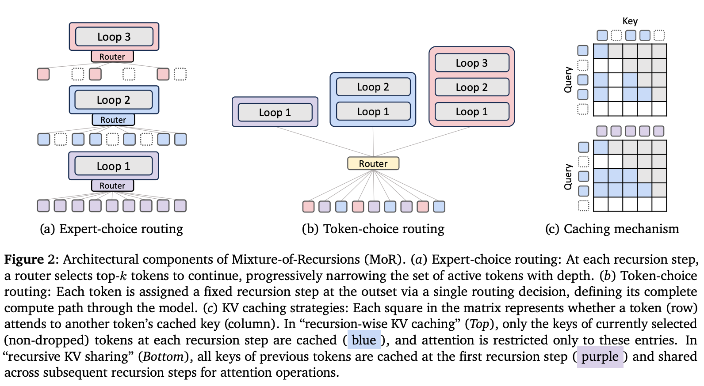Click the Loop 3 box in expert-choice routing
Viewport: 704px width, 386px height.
point(114,37)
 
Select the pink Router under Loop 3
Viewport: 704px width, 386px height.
point(112,57)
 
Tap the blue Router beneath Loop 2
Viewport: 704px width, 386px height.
point(113,120)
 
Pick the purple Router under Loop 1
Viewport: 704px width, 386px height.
point(112,185)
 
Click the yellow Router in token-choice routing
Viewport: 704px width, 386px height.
point(373,163)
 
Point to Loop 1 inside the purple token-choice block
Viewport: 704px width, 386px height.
point(275,113)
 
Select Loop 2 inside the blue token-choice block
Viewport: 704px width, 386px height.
point(373,87)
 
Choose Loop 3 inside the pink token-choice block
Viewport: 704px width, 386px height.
point(472,63)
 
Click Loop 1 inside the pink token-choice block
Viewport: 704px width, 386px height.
point(472,112)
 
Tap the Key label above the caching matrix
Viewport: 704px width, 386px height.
point(630,21)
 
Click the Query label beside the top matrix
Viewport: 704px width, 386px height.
point(568,80)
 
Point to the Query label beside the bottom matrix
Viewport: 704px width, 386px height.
point(568,177)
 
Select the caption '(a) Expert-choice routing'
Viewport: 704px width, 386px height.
point(111,229)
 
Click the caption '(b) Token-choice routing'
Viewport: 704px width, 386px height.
point(373,229)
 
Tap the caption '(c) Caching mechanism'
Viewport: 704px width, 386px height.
point(612,229)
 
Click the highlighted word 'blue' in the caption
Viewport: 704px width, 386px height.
point(364,340)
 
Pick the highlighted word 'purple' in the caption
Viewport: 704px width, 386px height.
point(600,356)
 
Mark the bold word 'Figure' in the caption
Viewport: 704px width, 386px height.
point(24,259)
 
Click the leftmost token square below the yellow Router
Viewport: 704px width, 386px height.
point(308,206)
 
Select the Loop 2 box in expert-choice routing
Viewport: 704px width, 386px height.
point(114,100)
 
